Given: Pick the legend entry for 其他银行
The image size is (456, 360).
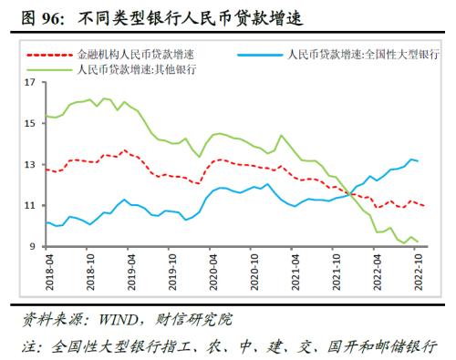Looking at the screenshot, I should click(138, 68).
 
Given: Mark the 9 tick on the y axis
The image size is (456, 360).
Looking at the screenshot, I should click(31, 246).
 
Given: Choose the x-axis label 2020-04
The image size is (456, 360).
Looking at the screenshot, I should click(214, 273).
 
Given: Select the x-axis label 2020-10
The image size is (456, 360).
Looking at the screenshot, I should click(256, 273).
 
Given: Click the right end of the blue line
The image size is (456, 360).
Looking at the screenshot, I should click(418, 160).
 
